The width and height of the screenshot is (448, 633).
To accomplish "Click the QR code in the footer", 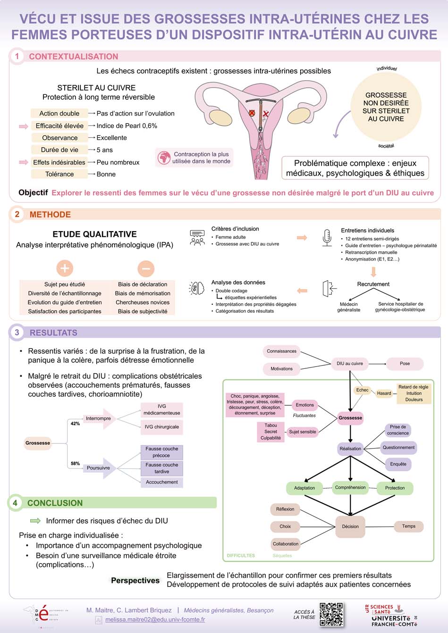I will (331, 614).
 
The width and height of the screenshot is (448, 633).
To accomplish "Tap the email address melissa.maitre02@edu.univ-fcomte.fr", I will (155, 620).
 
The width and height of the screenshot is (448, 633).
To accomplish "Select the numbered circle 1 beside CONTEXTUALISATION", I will (17, 57).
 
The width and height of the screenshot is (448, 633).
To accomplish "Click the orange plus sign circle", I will (65, 268).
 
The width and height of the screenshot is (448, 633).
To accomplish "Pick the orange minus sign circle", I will (145, 268).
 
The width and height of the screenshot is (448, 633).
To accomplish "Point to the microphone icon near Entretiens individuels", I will (327, 237).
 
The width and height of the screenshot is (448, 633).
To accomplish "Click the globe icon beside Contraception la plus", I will (164, 158).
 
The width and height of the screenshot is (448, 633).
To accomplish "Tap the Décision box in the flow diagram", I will (350, 526).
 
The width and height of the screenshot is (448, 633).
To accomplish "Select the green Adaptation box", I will (304, 488).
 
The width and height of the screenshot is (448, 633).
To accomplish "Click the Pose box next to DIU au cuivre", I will (405, 364).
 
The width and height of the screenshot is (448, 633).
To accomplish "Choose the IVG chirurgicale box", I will (161, 427).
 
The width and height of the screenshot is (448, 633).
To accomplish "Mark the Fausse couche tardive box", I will (161, 468).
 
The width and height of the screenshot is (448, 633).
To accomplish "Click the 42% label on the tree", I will (75, 424).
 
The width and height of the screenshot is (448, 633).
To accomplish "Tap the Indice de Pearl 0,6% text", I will (127, 126).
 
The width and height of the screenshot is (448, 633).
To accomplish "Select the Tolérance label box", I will (59, 174).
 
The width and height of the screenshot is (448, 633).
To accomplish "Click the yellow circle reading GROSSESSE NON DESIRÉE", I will (386, 107).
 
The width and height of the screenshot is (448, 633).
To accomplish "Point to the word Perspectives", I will (135, 581).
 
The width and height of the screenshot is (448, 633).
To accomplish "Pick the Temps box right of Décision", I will (408, 526).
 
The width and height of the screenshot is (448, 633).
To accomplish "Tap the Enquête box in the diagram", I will (398, 464).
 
